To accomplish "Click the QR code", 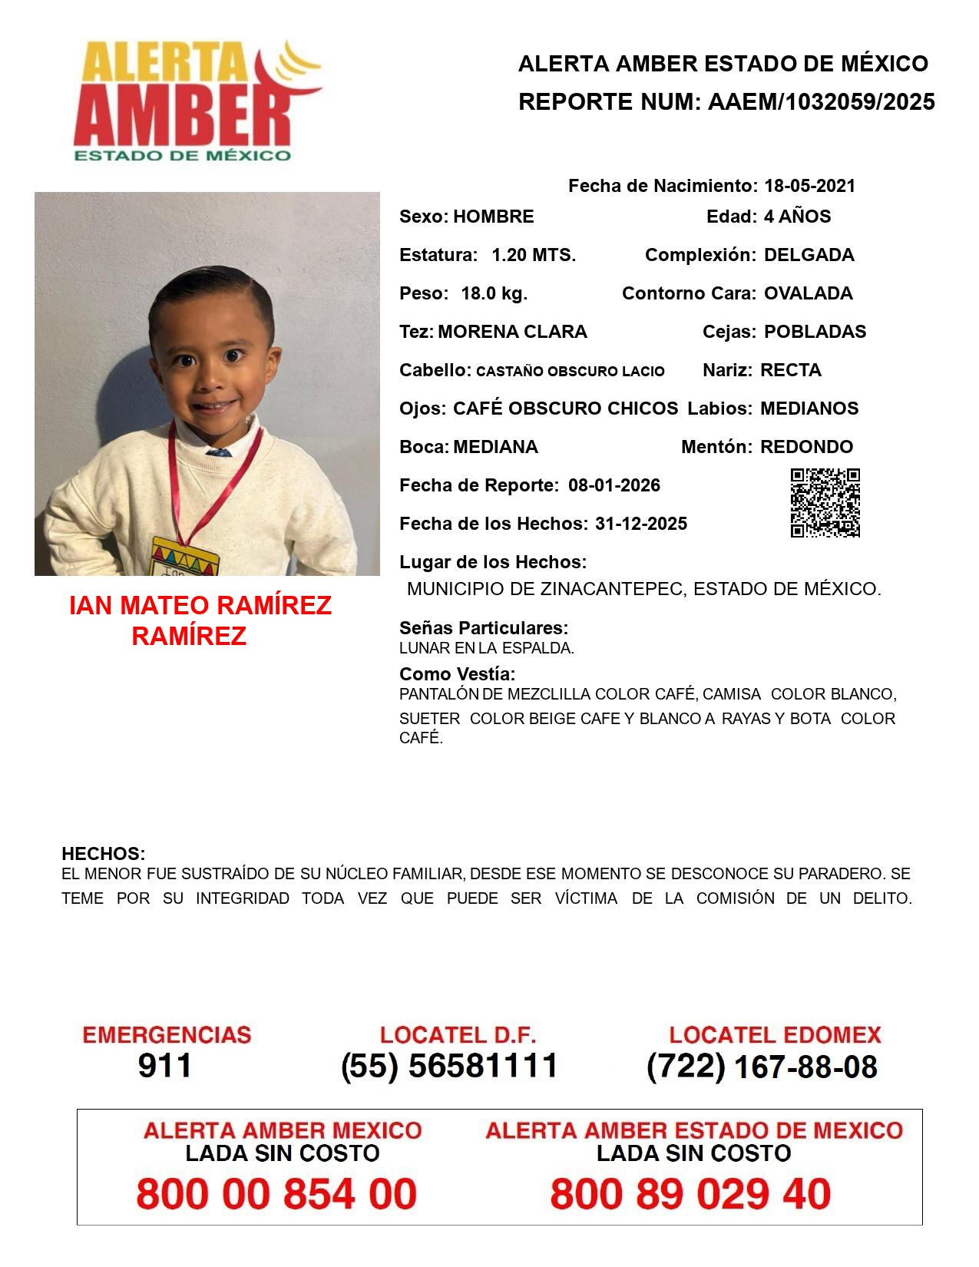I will [x=825, y=503].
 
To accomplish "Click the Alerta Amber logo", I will [x=196, y=100].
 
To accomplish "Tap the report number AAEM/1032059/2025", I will [x=821, y=102].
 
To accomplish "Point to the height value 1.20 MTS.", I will [x=534, y=255].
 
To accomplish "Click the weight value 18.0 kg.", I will [x=494, y=293].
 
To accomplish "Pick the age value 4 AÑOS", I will [x=797, y=217].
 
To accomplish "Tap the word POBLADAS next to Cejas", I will [x=815, y=332].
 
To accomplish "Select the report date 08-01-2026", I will [x=614, y=485].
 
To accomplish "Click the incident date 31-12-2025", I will [x=641, y=524].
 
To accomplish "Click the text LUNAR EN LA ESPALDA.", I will [x=486, y=648].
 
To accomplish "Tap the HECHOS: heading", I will [x=103, y=854].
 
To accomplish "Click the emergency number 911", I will [x=165, y=1066].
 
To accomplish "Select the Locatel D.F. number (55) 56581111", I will [x=449, y=1066].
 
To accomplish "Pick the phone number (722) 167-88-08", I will [x=762, y=1067].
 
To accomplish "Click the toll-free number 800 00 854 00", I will [x=276, y=1194].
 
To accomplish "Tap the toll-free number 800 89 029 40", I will [x=690, y=1194].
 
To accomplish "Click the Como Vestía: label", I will [x=457, y=674].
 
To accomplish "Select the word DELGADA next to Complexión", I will [x=809, y=255].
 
